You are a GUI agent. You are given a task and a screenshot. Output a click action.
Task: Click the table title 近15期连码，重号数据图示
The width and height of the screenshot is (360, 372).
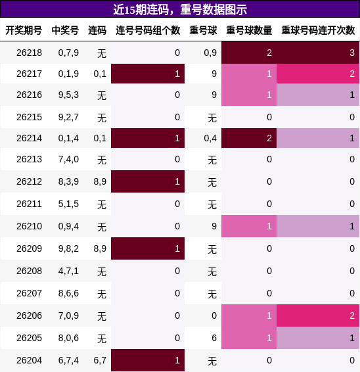180,9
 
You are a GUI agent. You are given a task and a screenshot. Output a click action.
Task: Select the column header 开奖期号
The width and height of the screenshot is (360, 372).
24,30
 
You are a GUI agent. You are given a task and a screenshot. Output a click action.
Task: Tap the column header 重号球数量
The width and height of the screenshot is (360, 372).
249,30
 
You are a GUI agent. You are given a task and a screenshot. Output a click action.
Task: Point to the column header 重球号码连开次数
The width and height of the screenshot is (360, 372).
318,30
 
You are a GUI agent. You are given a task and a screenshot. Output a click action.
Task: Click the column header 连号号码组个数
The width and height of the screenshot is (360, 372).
148,30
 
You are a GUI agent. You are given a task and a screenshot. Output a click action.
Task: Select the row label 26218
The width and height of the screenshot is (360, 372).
29,53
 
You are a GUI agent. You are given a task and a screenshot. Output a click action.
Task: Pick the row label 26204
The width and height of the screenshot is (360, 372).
29,360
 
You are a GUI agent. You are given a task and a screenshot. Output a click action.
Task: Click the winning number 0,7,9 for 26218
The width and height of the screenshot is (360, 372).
68,53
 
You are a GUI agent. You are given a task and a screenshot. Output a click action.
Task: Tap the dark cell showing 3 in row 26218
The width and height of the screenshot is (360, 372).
318,53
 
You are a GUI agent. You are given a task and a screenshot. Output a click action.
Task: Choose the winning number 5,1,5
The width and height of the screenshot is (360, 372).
68,204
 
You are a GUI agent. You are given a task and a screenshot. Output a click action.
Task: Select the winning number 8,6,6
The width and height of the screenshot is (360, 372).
68,294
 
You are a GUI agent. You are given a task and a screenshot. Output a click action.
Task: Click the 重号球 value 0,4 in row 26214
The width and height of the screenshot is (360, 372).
210,138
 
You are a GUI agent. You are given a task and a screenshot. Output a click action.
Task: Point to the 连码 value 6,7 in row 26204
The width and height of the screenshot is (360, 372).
100,360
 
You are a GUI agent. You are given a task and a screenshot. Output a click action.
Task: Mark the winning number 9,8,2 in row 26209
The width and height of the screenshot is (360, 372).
68,248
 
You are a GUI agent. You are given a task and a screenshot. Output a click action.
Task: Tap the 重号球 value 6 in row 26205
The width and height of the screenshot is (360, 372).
214,338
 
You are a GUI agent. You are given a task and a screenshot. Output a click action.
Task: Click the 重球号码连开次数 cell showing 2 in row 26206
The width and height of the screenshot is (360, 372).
318,315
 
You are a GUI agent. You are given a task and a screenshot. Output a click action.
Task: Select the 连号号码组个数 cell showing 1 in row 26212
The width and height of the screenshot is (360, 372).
148,181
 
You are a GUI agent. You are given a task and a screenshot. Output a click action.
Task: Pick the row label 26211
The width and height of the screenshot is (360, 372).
29,204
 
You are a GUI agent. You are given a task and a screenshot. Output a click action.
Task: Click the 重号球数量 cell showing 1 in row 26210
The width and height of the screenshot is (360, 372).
249,226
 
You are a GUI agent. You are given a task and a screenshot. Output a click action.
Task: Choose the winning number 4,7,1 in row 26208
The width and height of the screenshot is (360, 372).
68,271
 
